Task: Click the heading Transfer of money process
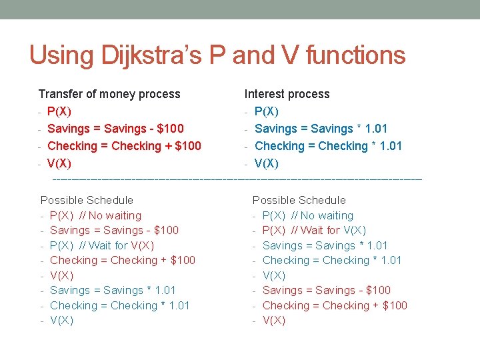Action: (x=109, y=94)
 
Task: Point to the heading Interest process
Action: (x=287, y=94)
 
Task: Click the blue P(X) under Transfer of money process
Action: (x=60, y=111)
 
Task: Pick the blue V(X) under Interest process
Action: (x=267, y=163)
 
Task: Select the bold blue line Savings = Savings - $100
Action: (x=116, y=129)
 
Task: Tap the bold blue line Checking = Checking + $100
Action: (x=125, y=146)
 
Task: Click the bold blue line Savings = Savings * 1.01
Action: (x=321, y=129)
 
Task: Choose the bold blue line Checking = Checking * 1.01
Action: (x=328, y=146)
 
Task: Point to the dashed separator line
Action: (x=237, y=179)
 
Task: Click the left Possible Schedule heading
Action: (x=87, y=200)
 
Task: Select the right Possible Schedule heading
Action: (x=299, y=200)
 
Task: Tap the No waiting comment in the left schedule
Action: (x=110, y=215)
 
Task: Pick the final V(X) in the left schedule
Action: (x=61, y=321)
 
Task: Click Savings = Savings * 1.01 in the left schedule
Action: (x=113, y=291)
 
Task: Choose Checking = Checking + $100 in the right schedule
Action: (x=335, y=306)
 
